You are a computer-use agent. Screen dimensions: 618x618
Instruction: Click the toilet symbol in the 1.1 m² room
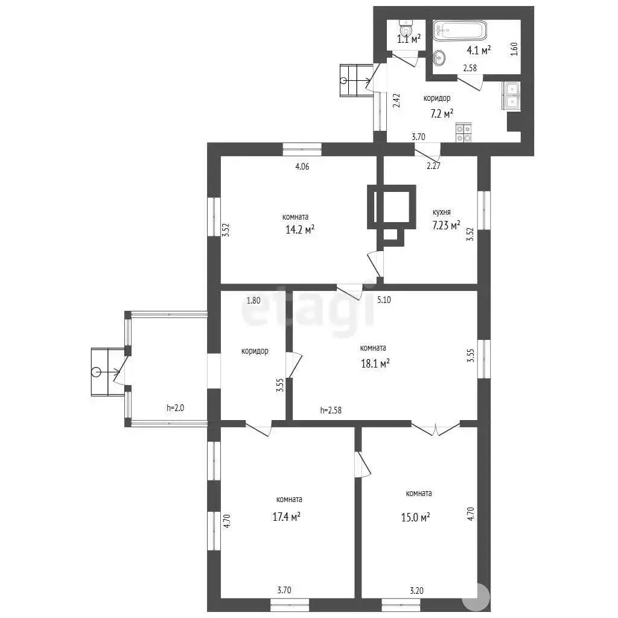pos(406,28)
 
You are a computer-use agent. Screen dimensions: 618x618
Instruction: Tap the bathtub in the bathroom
pos(460,30)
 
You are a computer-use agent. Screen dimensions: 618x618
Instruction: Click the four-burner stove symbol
pos(463,132)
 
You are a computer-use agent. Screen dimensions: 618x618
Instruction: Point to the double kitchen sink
pos(511,95)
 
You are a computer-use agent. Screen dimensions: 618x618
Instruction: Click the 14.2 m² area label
pos(300,229)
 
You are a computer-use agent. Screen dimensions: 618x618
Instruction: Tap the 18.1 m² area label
pos(375,363)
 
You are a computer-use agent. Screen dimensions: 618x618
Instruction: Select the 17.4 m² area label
pos(287,517)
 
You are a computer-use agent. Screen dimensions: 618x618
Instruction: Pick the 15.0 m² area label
pos(415,517)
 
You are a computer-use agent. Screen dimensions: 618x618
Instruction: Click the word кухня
pos(441,212)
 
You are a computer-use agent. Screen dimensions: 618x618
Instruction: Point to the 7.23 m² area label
pos(446,226)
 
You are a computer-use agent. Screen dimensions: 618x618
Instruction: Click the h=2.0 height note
pos(175,408)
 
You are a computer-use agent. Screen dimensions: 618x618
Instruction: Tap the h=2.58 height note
pos(331,410)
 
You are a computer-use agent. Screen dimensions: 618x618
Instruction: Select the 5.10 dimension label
pos(384,299)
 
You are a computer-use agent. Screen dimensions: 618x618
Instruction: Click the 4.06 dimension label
pos(302,167)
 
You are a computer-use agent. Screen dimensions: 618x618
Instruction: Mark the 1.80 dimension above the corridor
pos(253,301)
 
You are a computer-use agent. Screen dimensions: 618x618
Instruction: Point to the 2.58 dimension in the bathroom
pos(470,68)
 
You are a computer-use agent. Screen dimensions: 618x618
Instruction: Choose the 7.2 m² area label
pos(441,114)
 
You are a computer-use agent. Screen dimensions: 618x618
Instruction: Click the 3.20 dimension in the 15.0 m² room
pos(416,590)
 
